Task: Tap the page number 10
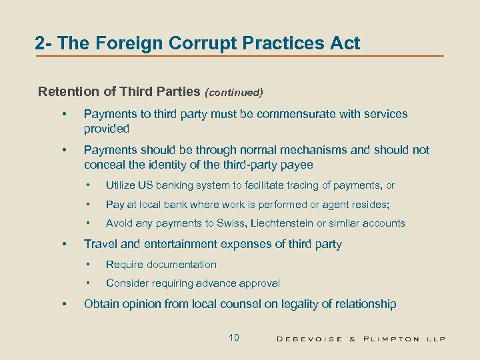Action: (233, 337)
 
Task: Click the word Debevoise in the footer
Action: (310, 339)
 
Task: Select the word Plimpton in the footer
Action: (391, 339)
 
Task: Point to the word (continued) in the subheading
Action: (234, 92)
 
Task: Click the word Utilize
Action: (121, 185)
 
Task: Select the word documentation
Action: (179, 265)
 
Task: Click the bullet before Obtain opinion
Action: (64, 305)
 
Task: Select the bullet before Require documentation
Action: (87, 265)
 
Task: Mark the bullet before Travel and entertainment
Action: (64, 245)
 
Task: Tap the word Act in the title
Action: (345, 44)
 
